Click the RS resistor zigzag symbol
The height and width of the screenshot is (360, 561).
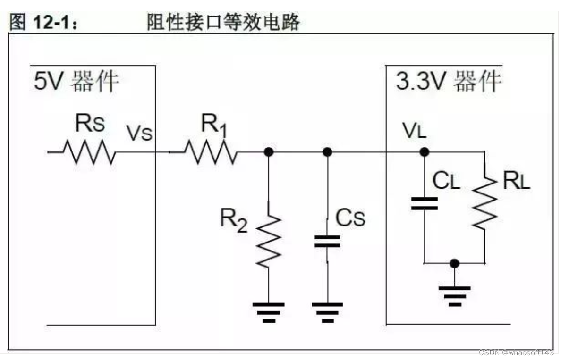[x=89, y=152]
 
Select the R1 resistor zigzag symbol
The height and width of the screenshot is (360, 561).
[x=211, y=152]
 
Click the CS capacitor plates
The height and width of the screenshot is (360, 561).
[x=327, y=241]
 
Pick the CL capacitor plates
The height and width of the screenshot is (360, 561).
[x=425, y=203]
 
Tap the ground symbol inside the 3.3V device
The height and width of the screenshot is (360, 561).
[x=454, y=296]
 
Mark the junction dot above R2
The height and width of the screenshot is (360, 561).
[x=269, y=152]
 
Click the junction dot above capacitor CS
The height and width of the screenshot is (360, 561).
[x=327, y=152]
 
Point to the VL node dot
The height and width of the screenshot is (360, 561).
[x=425, y=152]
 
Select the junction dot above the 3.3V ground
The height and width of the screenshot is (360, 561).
[x=454, y=263]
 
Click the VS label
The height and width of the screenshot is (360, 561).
[x=139, y=133]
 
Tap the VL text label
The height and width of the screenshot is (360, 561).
[x=414, y=130]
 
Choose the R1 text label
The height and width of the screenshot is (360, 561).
[x=214, y=125]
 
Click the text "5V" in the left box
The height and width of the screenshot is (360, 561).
[x=49, y=81]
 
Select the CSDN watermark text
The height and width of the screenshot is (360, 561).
[x=516, y=352]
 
